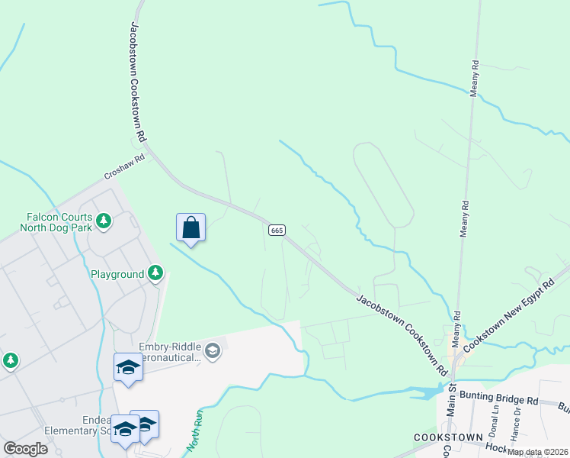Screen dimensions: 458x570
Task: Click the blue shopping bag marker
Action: click(191, 227)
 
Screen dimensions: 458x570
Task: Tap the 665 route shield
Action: click(277, 230)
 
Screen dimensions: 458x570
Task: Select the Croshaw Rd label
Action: click(124, 169)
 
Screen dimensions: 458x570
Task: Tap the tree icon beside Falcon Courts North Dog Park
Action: click(104, 222)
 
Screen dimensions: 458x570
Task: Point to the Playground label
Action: click(117, 274)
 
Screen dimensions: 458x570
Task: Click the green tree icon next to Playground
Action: click(155, 273)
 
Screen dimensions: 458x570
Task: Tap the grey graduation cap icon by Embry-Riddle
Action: click(213, 351)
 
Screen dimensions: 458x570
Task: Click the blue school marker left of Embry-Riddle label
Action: click(128, 367)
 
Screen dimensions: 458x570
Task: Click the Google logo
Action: click(25, 449)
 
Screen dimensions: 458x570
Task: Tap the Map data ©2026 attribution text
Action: click(536, 452)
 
